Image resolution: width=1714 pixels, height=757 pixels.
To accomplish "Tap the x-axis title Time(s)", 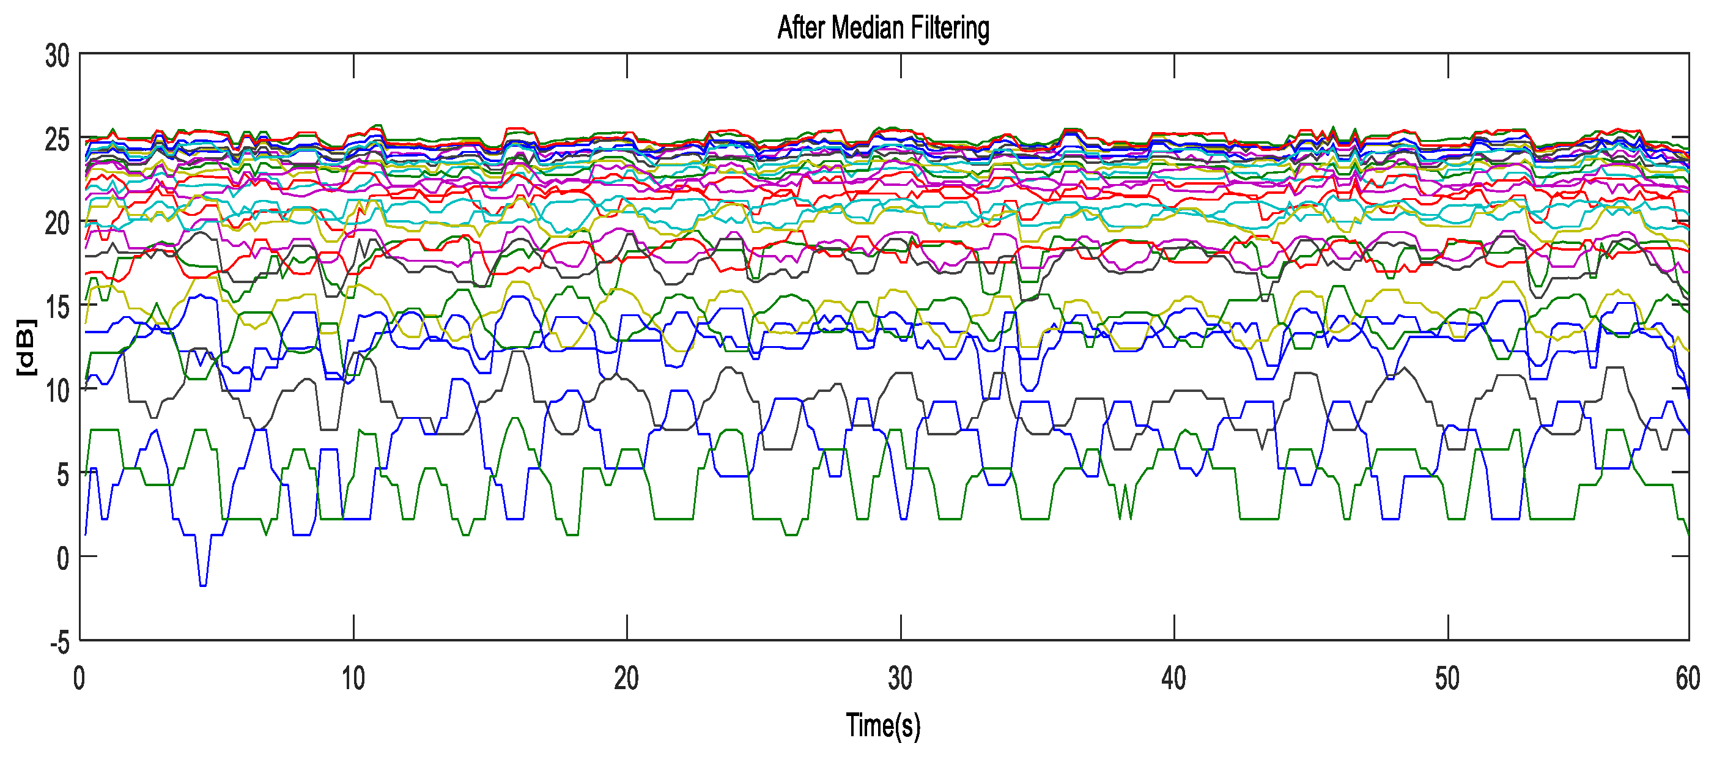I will (883, 725).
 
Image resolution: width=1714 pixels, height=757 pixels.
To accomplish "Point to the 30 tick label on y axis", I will (57, 56).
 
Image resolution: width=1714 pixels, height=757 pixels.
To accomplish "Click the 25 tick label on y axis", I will (57, 139).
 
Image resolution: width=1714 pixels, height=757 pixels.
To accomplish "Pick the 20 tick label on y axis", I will (57, 224).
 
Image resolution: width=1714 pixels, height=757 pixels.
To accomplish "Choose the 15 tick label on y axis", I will (57, 308).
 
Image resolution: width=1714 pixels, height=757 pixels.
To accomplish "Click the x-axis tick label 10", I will (353, 679).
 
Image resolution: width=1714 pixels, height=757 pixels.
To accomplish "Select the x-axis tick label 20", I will (626, 679).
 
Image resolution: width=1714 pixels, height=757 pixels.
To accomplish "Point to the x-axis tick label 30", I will (899, 679).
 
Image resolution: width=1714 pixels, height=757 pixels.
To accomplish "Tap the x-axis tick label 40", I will (1173, 679).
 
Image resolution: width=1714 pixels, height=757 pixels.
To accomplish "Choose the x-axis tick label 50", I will (1447, 679).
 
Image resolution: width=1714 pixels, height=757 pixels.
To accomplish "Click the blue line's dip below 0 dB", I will (203, 583).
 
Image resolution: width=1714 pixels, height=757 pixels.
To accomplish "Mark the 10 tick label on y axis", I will (57, 391).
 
